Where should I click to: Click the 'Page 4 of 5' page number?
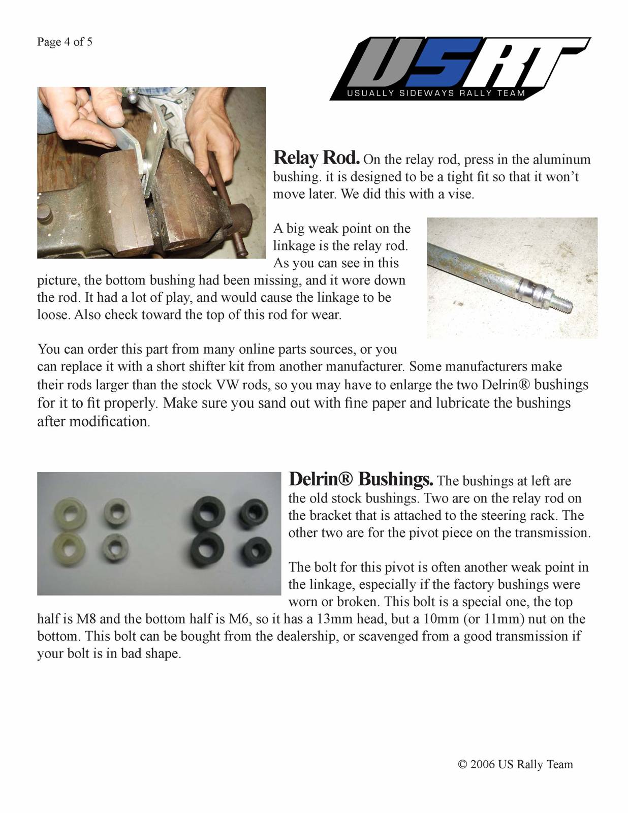[65, 42]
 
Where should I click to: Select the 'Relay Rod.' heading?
[316, 158]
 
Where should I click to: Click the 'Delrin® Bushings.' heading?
[360, 479]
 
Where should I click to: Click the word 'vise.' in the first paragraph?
[460, 194]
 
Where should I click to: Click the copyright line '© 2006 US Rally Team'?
[515, 764]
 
